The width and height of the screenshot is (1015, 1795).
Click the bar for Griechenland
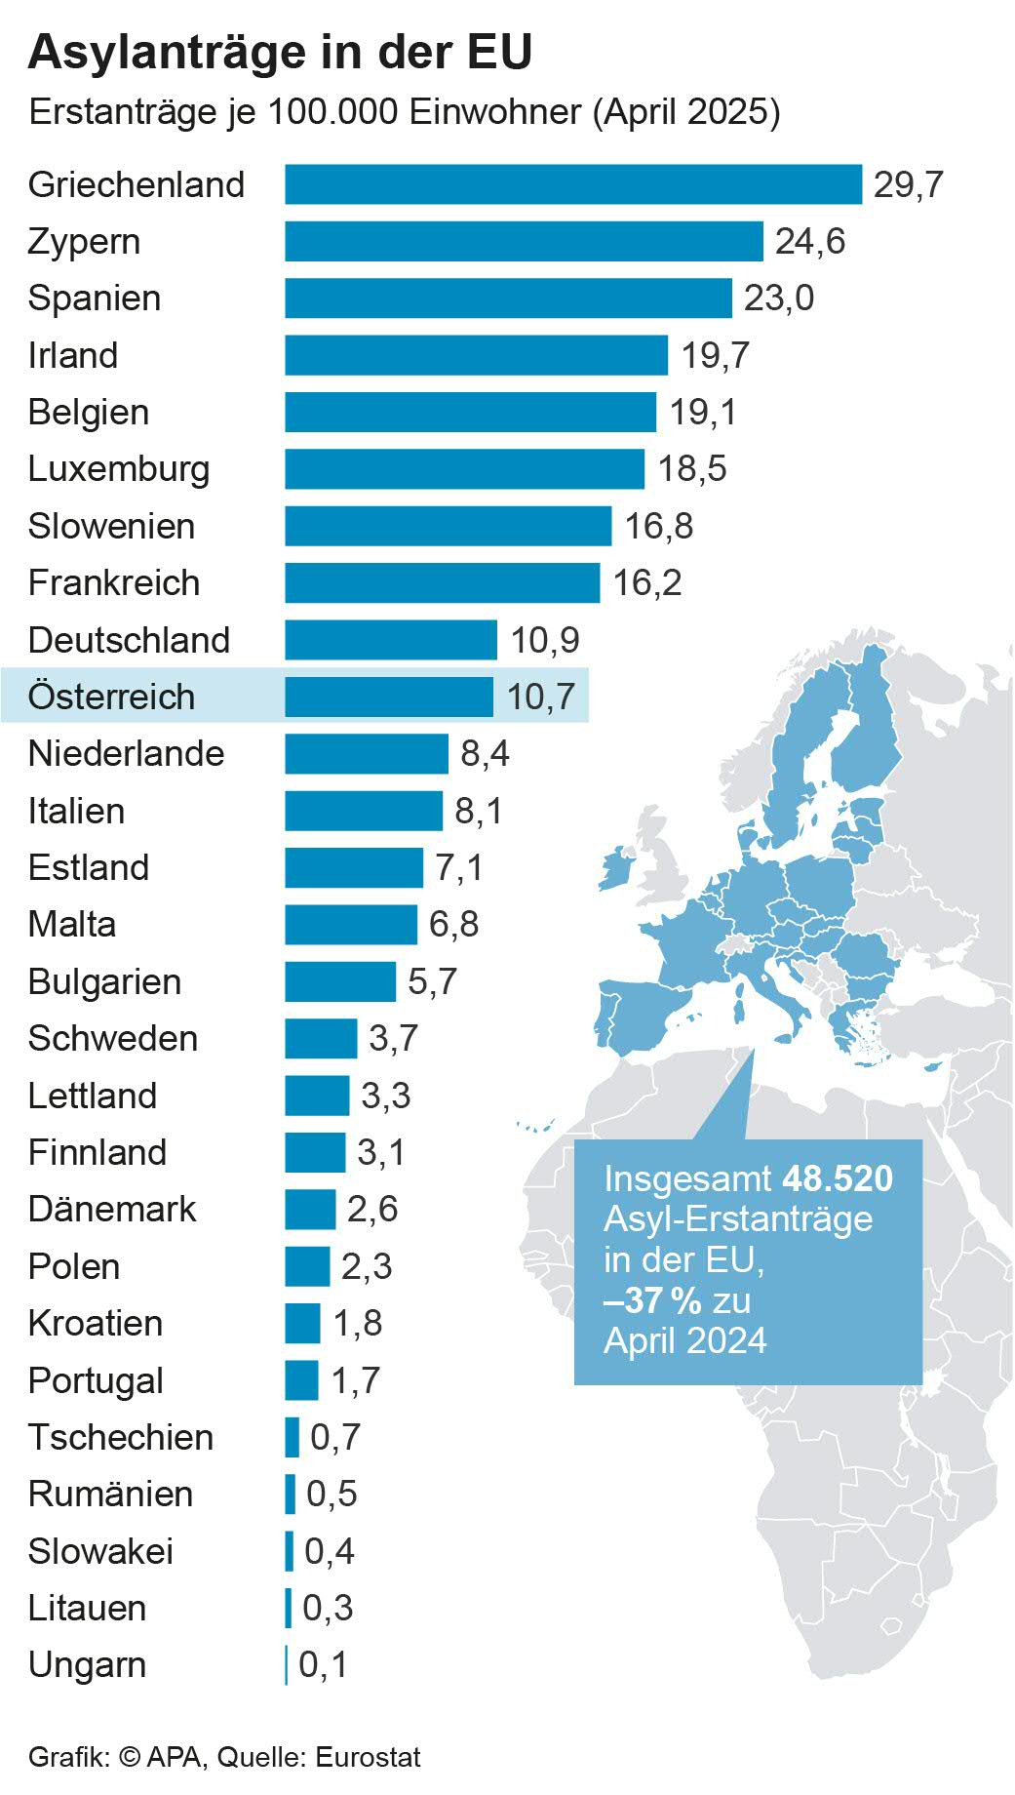click(x=573, y=184)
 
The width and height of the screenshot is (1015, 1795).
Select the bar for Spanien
click(x=508, y=299)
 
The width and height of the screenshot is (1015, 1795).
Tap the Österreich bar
click(x=389, y=697)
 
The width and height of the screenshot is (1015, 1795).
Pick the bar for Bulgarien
click(x=340, y=981)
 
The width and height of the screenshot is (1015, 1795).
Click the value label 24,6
click(x=810, y=242)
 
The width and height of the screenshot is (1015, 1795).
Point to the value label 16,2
click(x=647, y=583)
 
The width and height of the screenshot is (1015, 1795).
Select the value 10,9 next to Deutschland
click(x=545, y=640)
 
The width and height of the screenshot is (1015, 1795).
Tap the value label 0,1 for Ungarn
click(x=323, y=1665)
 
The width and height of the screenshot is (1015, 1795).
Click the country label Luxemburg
click(x=119, y=469)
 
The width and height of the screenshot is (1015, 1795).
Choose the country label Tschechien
click(x=121, y=1437)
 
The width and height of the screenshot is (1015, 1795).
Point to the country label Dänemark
click(x=112, y=1210)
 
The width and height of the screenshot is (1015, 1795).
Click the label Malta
click(x=72, y=924)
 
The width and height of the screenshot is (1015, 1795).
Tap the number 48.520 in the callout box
click(x=838, y=1178)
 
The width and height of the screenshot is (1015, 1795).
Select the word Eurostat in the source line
click(x=369, y=1758)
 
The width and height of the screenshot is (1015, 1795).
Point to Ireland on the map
click(x=614, y=869)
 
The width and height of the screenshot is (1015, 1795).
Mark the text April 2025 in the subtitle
click(x=686, y=112)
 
